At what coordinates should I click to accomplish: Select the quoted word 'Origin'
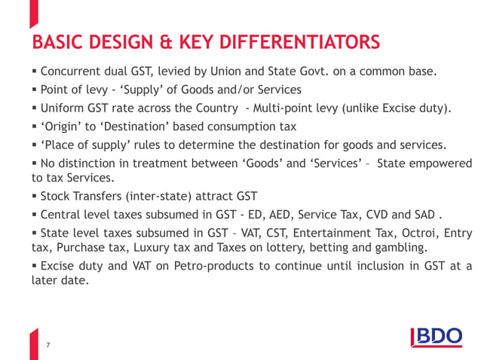63,127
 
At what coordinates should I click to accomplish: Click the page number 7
48,345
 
